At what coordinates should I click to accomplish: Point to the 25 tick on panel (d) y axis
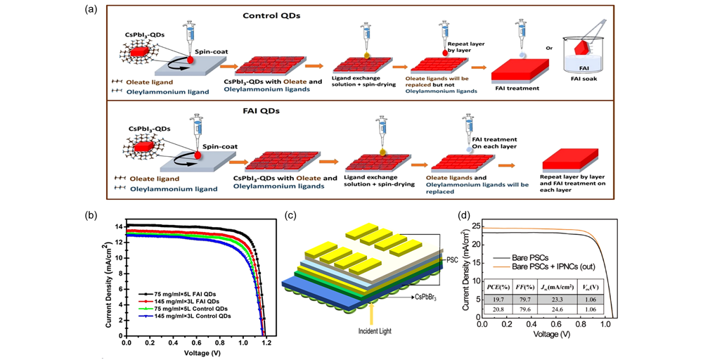[x=475, y=226]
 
